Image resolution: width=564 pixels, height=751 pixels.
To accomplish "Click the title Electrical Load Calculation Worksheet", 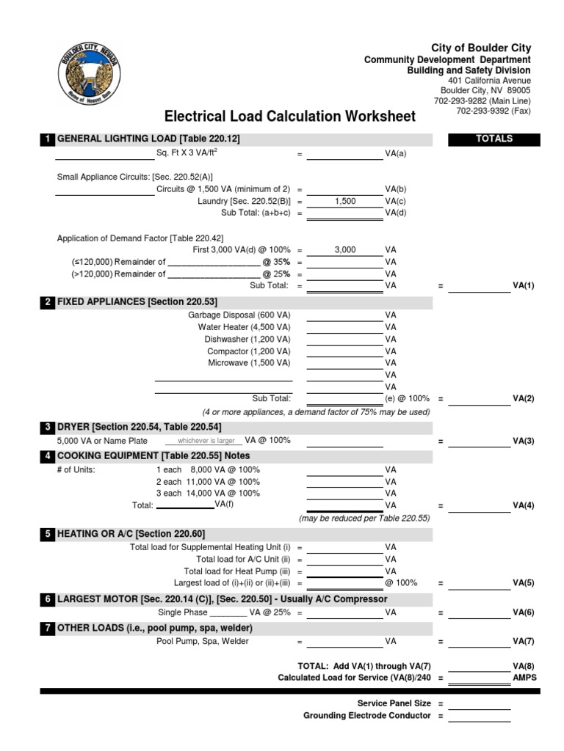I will [x=290, y=117].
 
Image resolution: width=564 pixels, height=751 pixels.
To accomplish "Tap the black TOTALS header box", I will [x=494, y=139].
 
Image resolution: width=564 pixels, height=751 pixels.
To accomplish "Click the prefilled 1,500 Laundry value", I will [x=345, y=201].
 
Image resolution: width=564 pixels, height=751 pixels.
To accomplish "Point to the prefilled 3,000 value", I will [x=345, y=250].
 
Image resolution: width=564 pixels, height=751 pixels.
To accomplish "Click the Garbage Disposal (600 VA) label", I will [x=239, y=315].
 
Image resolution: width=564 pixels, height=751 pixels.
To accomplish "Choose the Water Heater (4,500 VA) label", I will [x=244, y=327].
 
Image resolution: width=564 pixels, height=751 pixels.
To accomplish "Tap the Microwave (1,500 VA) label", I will [x=249, y=363].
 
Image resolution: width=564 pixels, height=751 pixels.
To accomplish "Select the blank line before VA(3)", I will [x=479, y=442].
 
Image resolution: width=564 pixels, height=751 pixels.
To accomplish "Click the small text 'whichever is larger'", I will [x=201, y=442].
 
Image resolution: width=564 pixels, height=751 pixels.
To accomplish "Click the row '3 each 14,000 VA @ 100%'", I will [x=208, y=494].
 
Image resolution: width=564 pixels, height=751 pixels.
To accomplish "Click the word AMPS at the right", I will [x=524, y=678].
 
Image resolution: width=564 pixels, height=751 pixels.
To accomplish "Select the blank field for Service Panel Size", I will [x=479, y=704].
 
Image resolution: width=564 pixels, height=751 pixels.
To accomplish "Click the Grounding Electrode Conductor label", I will [x=366, y=716].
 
